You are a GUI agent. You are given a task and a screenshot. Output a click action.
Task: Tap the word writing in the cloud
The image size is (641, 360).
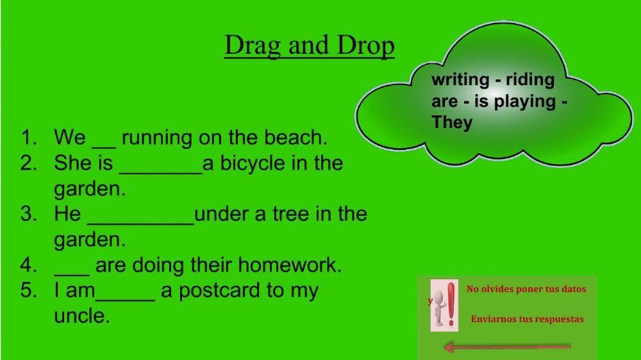click(x=460, y=79)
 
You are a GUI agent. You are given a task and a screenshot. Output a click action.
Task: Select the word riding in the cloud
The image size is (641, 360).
click(x=530, y=79)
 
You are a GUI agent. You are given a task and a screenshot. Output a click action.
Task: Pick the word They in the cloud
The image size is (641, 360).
click(x=452, y=122)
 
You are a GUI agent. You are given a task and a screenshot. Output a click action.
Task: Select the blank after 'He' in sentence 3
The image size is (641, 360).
click(x=140, y=218)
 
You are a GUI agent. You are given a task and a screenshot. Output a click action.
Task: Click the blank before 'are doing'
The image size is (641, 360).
click(x=72, y=270)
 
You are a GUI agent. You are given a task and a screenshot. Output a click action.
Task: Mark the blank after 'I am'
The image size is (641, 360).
click(x=125, y=295)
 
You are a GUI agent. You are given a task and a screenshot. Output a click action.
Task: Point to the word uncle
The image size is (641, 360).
click(x=81, y=316)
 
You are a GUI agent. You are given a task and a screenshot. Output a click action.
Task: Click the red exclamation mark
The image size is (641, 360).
click(x=452, y=304)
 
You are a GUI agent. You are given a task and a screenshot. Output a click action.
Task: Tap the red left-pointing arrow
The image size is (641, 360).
click(x=506, y=347)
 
